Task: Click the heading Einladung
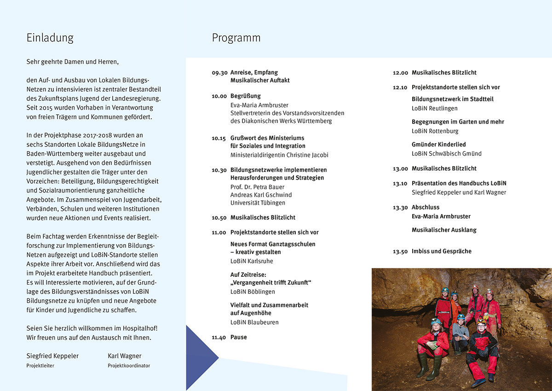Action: coord(50,38)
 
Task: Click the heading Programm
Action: coord(236,38)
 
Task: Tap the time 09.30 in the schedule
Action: coord(219,73)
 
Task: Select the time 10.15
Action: coord(219,138)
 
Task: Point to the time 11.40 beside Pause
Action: coord(219,338)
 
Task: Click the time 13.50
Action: coord(400,251)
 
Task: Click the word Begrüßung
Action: coord(246,96)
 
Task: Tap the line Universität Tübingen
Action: coord(258,203)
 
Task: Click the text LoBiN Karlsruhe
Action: coord(252,261)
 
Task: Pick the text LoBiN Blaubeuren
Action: coord(254,322)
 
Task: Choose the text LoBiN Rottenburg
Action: coord(435,131)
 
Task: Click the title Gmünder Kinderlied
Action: coord(438,144)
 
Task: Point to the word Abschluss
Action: coord(425,207)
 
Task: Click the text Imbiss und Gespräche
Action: coord(442,251)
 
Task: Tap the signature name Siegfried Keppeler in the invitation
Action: coord(52,356)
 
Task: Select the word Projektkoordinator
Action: coord(129,366)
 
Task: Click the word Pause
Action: coord(239,337)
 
